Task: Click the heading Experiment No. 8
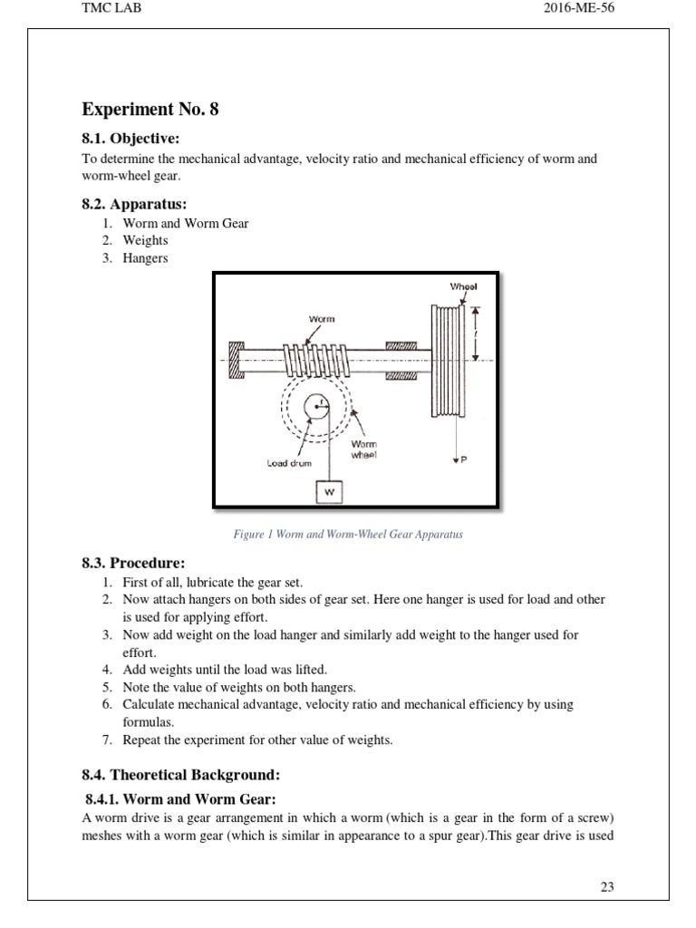coord(150,110)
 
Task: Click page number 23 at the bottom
coord(607,886)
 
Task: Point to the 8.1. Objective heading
coord(131,139)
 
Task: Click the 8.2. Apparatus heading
coord(135,204)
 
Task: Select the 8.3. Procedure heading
coord(134,563)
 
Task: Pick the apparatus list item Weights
coord(146,240)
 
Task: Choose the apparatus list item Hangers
coord(146,257)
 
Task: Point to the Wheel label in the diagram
coord(463,286)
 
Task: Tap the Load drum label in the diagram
coord(288,462)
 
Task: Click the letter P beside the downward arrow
coord(464,460)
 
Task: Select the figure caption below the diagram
coord(348,535)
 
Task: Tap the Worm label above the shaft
coord(322,319)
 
